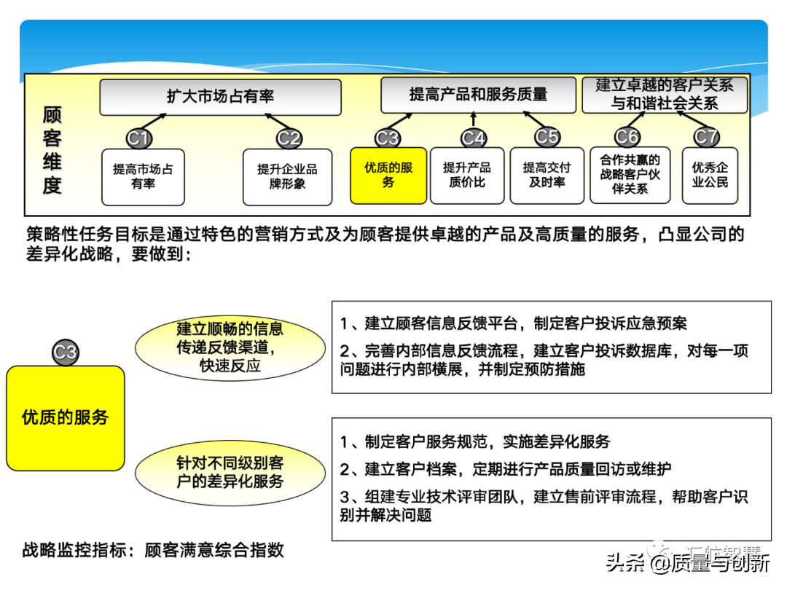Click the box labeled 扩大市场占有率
tap(220, 97)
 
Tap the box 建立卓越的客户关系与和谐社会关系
tap(664, 95)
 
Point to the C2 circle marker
tap(289, 138)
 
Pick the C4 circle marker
tap(474, 138)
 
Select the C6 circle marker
tap(627, 137)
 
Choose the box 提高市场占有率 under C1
tap(143, 176)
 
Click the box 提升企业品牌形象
tap(287, 176)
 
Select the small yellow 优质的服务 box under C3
tap(388, 175)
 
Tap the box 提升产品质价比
tap(467, 175)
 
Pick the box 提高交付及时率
tap(547, 175)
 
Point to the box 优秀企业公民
tap(710, 175)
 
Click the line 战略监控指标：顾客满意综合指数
tap(153, 550)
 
